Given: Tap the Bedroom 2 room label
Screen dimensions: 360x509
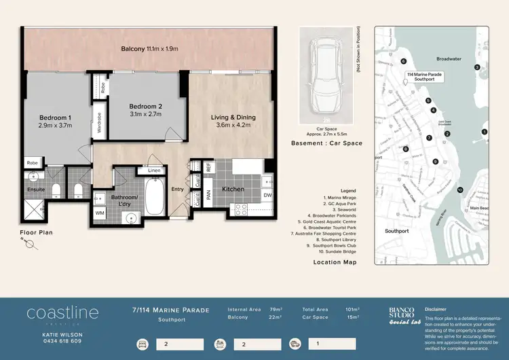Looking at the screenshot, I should pyautogui.click(x=146, y=110).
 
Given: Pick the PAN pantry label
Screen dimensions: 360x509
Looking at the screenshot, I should pyautogui.click(x=209, y=192).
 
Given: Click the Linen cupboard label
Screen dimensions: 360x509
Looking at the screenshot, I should pyautogui.click(x=154, y=170).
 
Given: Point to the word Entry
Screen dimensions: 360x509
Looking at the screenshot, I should pyautogui.click(x=177, y=190).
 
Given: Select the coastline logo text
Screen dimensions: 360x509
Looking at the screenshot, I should pyautogui.click(x=62, y=313).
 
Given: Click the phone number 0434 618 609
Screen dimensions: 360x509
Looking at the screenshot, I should pyautogui.click(x=62, y=341).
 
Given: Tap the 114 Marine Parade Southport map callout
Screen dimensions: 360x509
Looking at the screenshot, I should pyautogui.click(x=424, y=76).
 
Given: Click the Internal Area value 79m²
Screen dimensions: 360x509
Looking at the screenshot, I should pyautogui.click(x=277, y=310).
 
